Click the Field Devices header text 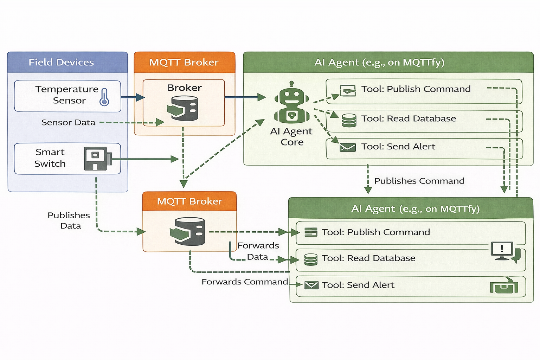click(61, 62)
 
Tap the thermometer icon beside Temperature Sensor click(104, 97)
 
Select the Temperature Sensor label click(67, 95)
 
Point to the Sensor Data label click(68, 122)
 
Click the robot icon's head click(291, 95)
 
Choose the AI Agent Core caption click(291, 136)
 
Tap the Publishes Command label click(419, 181)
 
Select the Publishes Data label click(69, 220)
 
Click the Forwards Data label click(258, 251)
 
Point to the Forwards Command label click(245, 282)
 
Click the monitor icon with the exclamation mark click(502, 250)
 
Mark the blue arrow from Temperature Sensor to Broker click(133, 97)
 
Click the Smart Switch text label click(50, 158)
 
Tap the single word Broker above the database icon click(184, 88)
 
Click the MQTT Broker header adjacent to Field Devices click(184, 62)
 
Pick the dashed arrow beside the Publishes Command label click(368, 179)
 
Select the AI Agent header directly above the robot click(379, 62)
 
